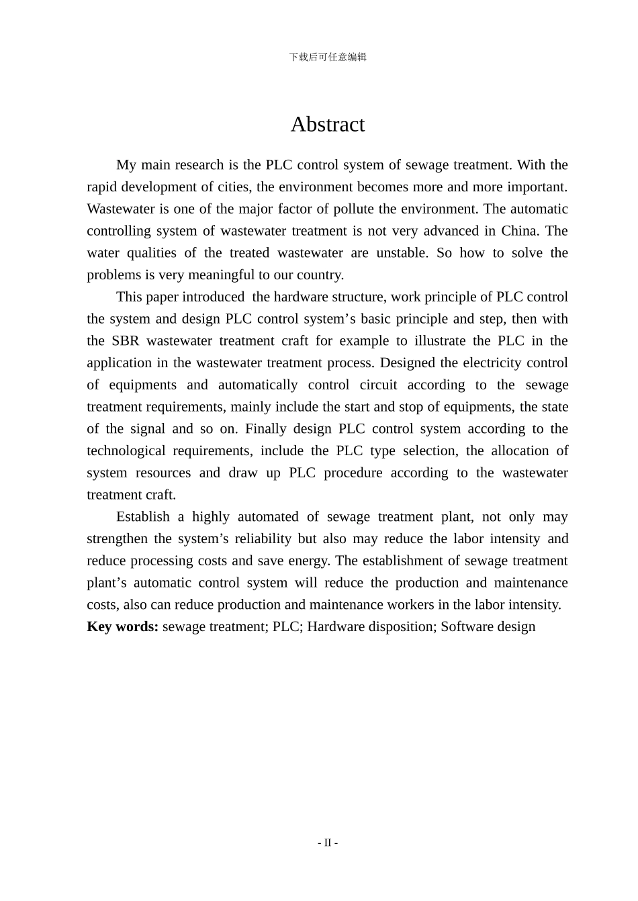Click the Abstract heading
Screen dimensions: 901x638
click(328, 125)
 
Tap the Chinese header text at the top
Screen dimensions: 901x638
click(328, 57)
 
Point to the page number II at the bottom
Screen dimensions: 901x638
click(328, 843)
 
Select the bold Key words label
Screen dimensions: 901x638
click(123, 626)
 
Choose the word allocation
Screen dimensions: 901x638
click(518, 451)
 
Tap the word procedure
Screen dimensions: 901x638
click(353, 473)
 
